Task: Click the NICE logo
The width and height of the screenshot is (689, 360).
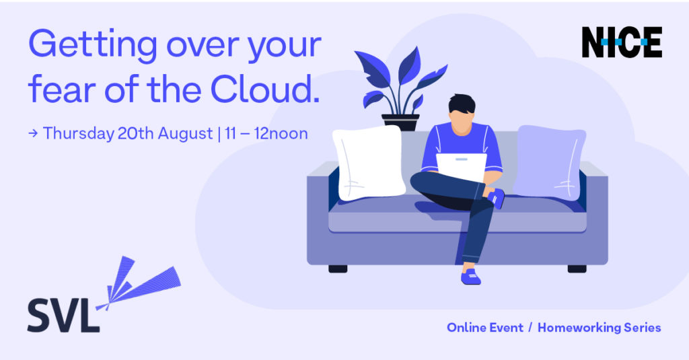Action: click(x=622, y=42)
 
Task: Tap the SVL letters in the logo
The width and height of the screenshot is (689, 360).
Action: click(x=63, y=316)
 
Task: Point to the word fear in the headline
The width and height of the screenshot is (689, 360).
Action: click(x=62, y=89)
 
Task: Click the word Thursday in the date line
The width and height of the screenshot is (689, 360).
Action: click(x=78, y=134)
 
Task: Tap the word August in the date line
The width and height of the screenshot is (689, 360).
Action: click(x=185, y=134)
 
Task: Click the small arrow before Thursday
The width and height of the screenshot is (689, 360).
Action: click(x=33, y=133)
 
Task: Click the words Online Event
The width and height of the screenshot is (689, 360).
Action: click(x=485, y=328)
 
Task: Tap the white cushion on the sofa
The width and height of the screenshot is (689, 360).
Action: click(x=369, y=162)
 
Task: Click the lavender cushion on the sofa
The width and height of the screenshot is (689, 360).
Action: click(x=549, y=161)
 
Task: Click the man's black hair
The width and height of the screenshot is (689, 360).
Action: click(x=462, y=104)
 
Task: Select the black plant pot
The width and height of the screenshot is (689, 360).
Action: click(x=400, y=122)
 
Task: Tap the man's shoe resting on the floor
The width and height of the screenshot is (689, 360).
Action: click(x=470, y=277)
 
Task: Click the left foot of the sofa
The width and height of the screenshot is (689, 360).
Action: click(x=338, y=268)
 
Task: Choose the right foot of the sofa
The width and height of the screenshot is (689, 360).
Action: click(x=577, y=268)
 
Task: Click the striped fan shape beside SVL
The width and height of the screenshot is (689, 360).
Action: click(x=140, y=283)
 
